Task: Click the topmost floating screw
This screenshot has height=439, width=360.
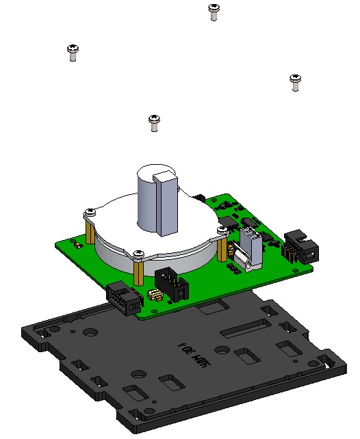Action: tap(214, 12)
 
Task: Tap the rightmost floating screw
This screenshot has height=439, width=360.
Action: tap(295, 81)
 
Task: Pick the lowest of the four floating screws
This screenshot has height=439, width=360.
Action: tap(154, 122)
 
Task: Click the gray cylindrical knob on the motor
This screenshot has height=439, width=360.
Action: tap(150, 198)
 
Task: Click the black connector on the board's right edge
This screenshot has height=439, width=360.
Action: tap(299, 248)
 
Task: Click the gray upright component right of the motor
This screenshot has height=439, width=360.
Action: tap(251, 246)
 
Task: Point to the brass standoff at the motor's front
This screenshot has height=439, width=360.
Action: tap(139, 271)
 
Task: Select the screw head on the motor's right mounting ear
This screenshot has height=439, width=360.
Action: tap(222, 231)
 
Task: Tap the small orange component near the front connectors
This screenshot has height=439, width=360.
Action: tap(154, 295)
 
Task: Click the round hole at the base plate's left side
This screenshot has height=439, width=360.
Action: tap(89, 334)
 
